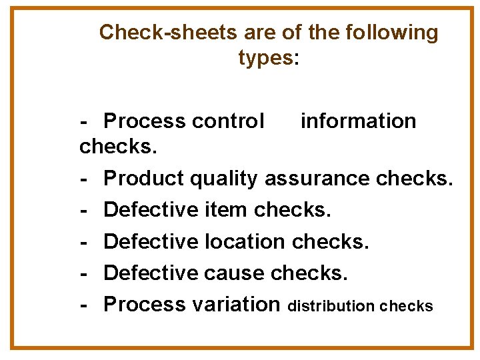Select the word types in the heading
[x=265, y=58]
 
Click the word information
[x=358, y=121]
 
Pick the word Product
[x=145, y=179]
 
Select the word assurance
[x=318, y=179]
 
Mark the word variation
[x=236, y=304]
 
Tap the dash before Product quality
[x=84, y=179]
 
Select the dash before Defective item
[x=84, y=210]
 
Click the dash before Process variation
[x=84, y=304]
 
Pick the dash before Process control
[x=84, y=121]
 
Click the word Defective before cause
[x=151, y=273]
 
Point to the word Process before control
[x=145, y=121]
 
